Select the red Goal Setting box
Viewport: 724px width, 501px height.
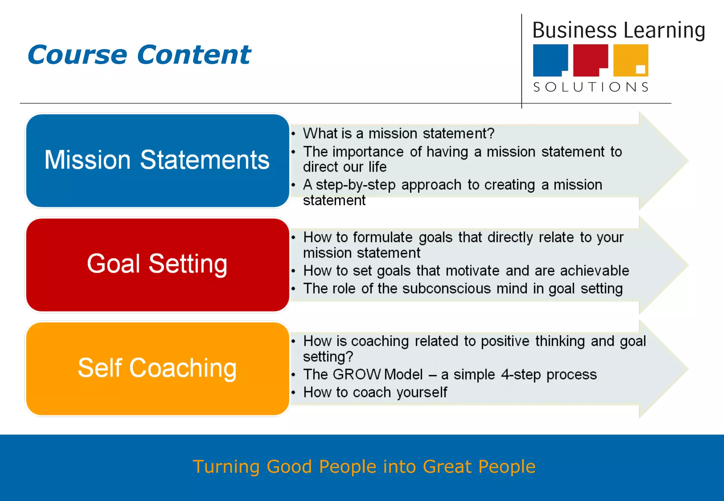(157, 265)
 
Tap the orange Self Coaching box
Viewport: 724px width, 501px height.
(157, 369)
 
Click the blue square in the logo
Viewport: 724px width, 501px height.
(550, 59)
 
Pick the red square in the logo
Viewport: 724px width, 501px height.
(590, 59)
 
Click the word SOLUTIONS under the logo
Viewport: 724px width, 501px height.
(591, 87)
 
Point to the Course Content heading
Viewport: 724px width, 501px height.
(139, 55)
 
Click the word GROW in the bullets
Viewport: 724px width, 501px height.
(357, 375)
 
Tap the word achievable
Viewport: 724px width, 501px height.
(594, 271)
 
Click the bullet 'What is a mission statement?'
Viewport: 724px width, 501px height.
(398, 134)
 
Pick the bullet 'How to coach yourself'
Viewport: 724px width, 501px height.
(375, 393)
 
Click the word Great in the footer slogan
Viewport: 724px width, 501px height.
(447, 466)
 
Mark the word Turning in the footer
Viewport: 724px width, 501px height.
(226, 466)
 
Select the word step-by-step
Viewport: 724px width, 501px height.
(355, 185)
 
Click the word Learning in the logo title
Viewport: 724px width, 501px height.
(664, 30)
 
